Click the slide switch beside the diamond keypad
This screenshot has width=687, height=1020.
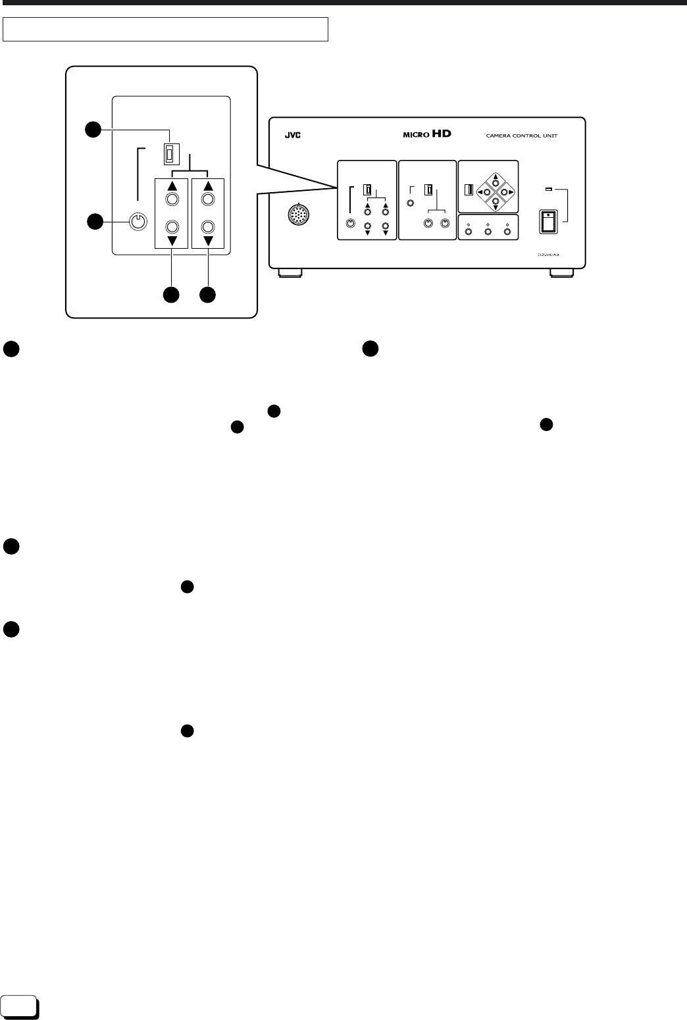point(469,190)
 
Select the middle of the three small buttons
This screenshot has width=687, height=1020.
point(488,232)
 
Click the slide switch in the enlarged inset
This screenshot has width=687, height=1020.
point(170,154)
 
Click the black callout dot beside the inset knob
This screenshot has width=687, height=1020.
point(95,222)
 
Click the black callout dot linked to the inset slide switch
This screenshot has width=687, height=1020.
point(95,130)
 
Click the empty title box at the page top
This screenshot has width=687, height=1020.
point(165,30)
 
